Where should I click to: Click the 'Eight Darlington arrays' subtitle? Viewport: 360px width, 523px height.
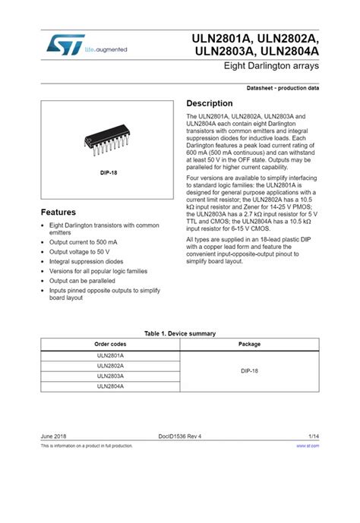271,68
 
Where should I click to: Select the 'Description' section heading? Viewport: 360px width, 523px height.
210,103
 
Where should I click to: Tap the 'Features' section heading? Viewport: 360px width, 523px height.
58,212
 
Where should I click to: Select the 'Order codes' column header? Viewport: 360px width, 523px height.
110,344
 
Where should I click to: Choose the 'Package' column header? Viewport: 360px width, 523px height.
249,344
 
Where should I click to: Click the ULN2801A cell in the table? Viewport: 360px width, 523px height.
110,355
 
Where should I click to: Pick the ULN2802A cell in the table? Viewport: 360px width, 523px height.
110,366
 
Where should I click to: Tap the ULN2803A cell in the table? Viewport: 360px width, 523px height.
110,376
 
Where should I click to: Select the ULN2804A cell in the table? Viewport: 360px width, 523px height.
110,386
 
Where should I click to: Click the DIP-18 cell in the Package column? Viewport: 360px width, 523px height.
249,370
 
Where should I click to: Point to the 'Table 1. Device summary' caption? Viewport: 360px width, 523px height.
180,333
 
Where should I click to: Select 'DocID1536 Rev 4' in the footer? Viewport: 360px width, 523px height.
180,436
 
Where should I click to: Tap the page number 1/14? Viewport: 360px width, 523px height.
314,436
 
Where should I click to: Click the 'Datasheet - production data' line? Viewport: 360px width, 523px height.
283,89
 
